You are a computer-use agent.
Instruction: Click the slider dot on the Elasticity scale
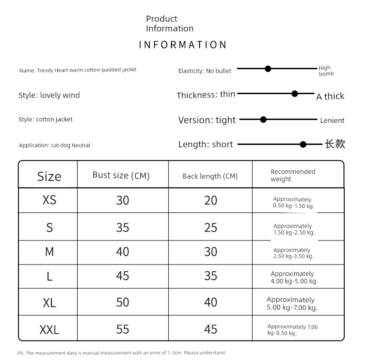(268, 69)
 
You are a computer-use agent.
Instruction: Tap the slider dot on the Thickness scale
(295, 94)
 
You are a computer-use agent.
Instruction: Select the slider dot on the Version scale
(263, 120)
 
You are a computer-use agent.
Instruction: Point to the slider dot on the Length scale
(303, 144)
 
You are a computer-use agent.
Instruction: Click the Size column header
(49, 176)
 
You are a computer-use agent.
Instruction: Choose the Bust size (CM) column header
(121, 175)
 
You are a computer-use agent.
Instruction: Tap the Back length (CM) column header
(210, 176)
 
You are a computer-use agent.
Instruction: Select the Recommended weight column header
(293, 175)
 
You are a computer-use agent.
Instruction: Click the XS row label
(49, 200)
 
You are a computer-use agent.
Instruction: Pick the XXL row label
(49, 330)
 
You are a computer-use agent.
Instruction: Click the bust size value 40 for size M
(122, 252)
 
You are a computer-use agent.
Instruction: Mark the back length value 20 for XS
(210, 200)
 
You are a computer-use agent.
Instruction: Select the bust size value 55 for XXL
(122, 329)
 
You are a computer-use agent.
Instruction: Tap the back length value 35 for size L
(210, 276)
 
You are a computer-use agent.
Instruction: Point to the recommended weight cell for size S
(294, 229)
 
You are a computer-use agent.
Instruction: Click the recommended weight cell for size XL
(292, 304)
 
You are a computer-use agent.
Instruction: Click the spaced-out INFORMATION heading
(183, 45)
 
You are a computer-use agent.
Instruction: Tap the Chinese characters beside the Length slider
(335, 144)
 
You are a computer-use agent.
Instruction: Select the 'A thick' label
(330, 96)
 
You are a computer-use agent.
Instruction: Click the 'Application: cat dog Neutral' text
(55, 145)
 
